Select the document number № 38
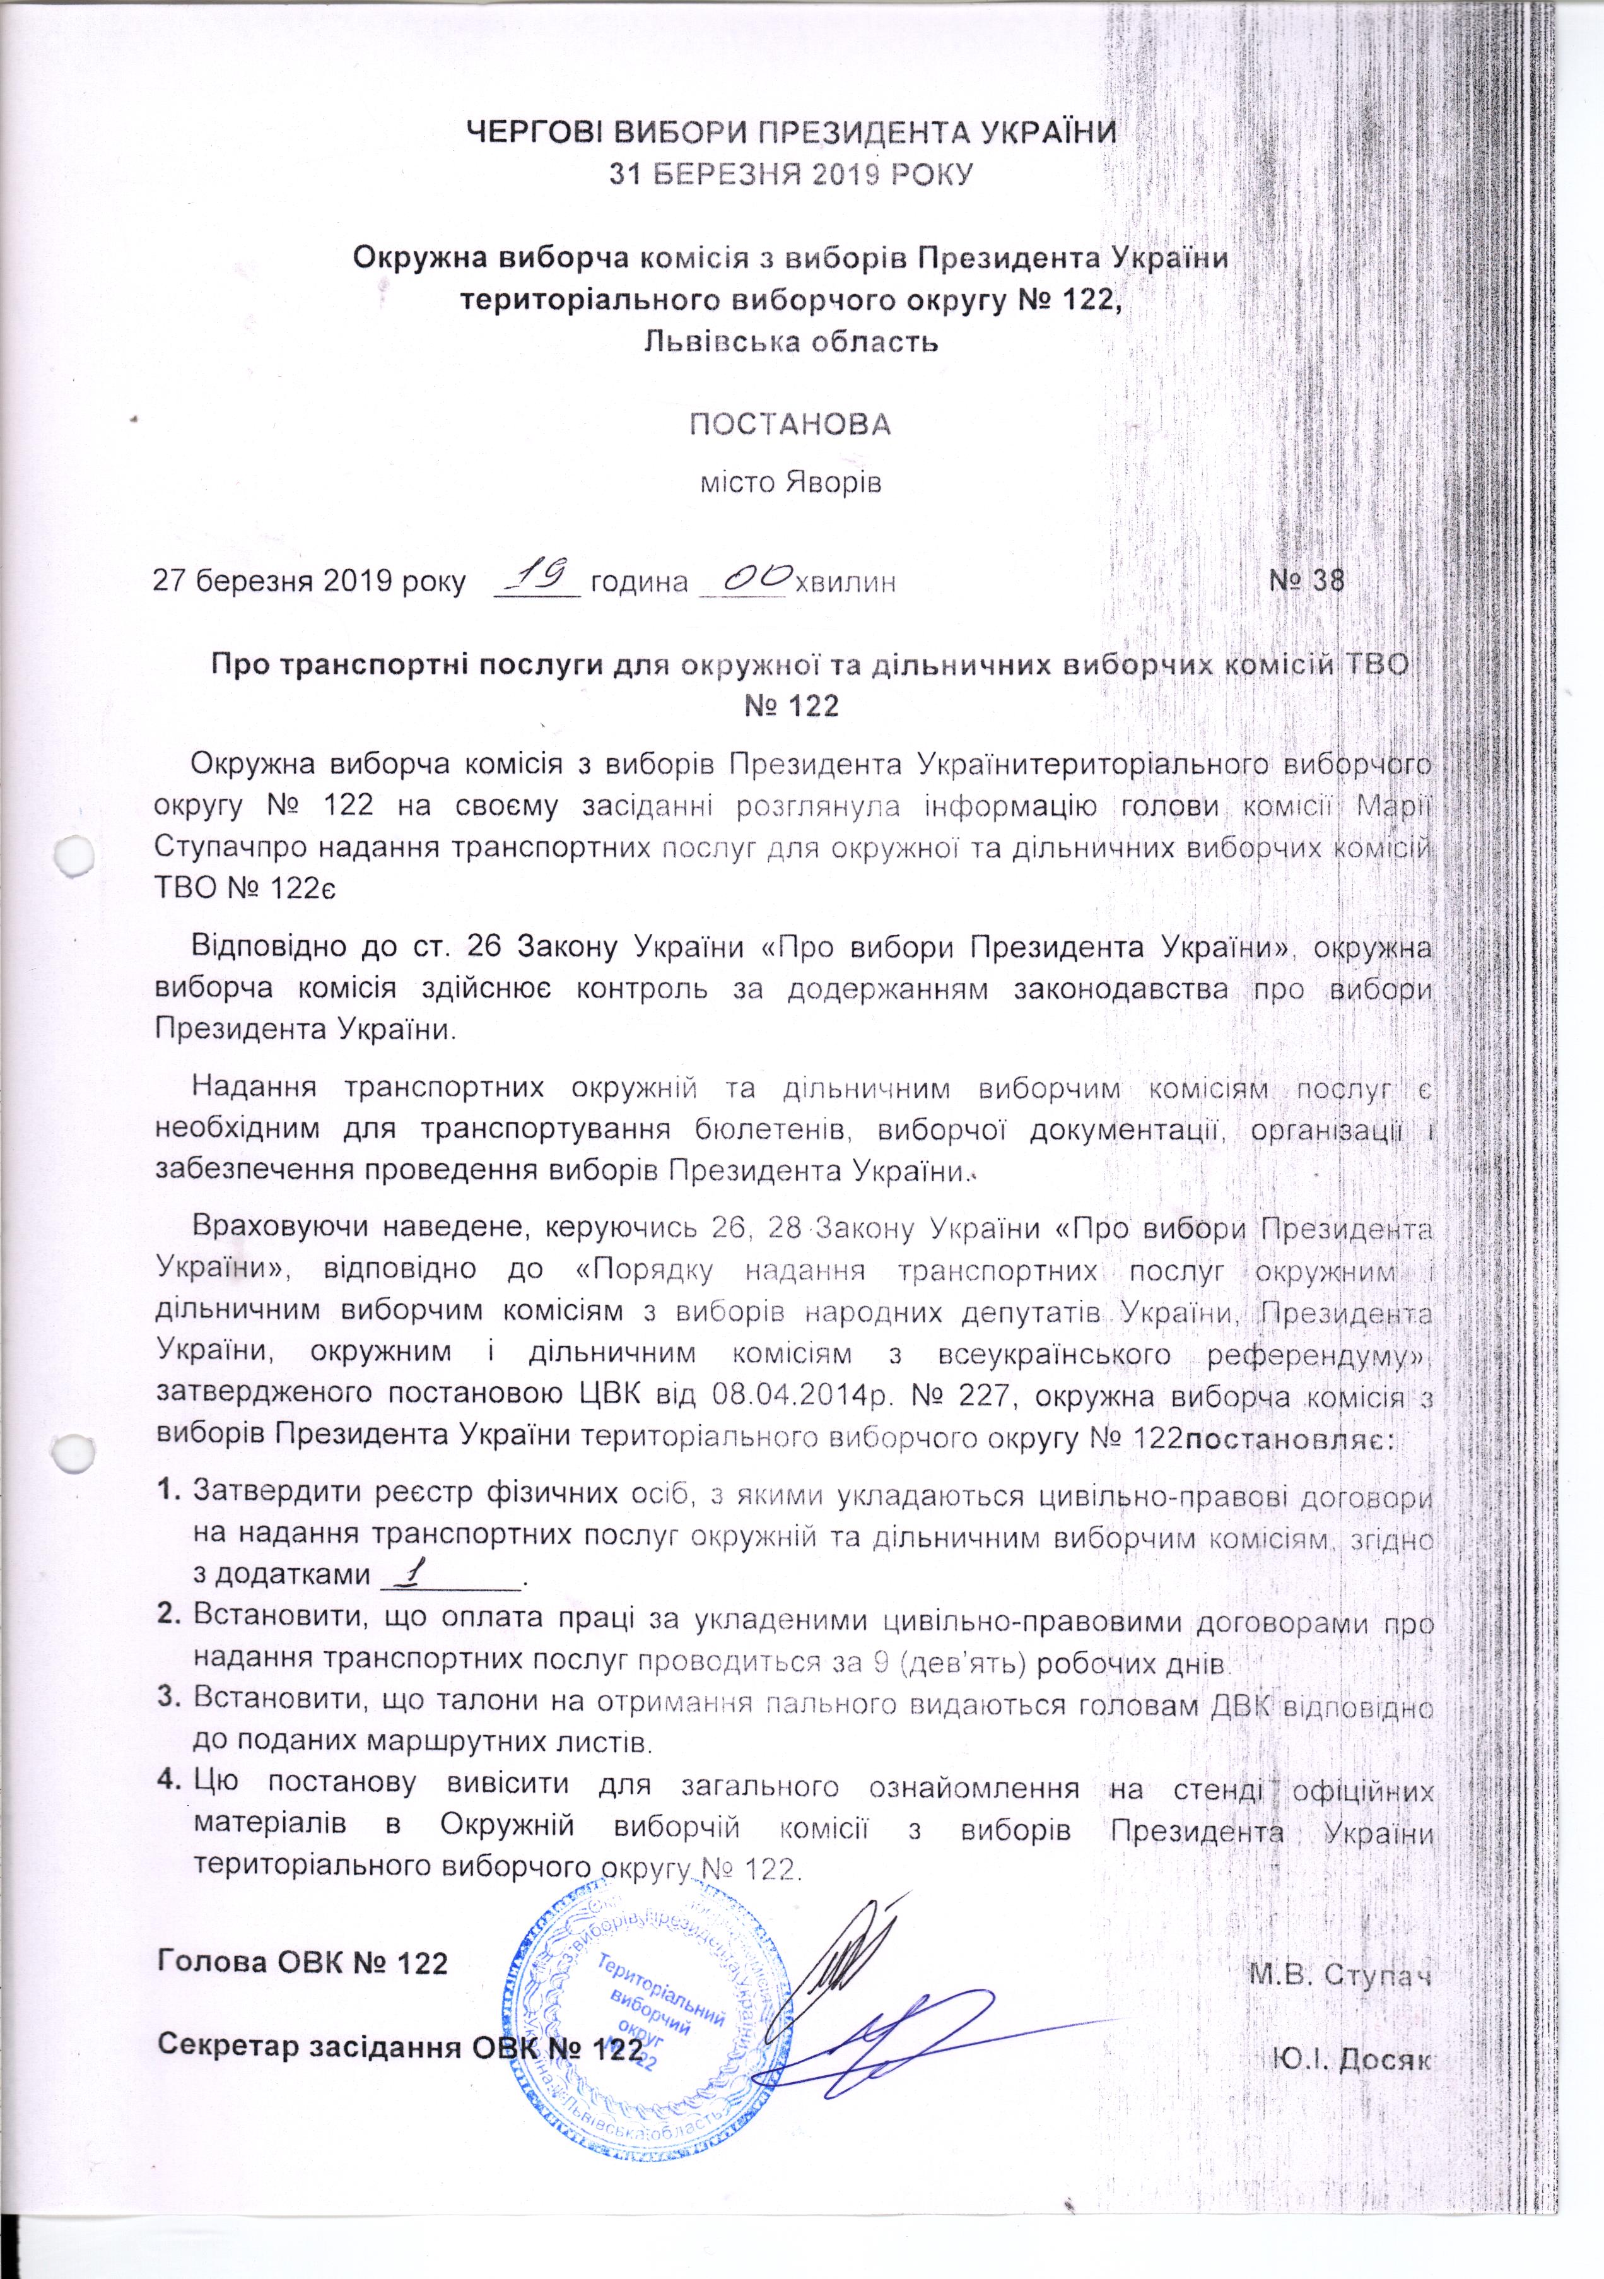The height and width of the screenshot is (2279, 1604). (1307, 580)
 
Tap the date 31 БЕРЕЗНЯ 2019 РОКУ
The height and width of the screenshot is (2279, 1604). (790, 175)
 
